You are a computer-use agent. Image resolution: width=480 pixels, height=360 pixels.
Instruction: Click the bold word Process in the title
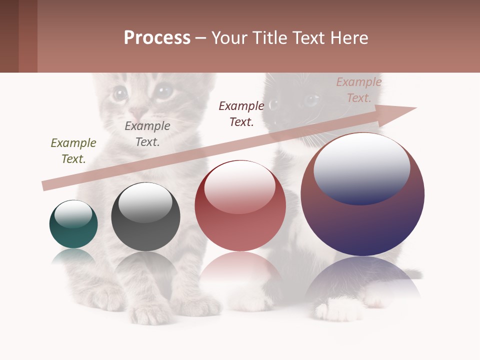(157, 38)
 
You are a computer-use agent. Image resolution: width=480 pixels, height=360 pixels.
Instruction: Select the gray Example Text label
(147, 134)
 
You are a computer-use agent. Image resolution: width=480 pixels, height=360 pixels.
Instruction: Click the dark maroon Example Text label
(241, 114)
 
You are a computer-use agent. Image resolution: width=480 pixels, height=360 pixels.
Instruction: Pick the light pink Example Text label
(358, 90)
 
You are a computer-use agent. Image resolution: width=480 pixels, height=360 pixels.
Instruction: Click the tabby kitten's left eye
(120, 93)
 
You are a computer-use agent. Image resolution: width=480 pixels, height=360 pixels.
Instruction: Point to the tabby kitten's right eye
(162, 91)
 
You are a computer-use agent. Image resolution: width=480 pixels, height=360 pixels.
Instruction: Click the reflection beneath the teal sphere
(73, 257)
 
